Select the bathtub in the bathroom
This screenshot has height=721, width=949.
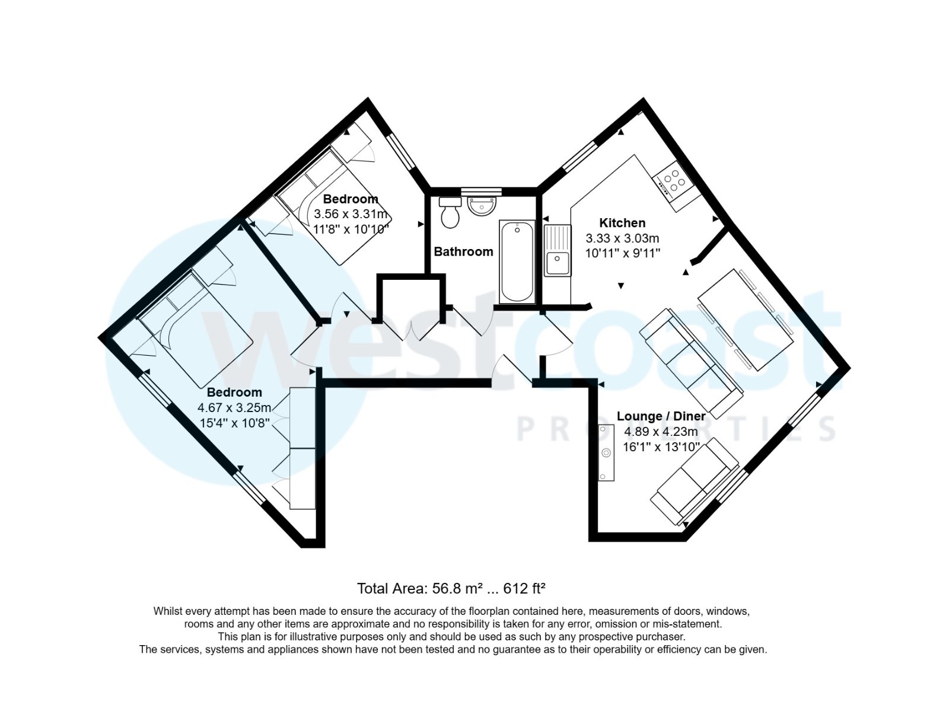pos(517,261)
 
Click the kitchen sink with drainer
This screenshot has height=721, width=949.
pos(558,251)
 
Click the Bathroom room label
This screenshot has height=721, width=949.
pos(463,251)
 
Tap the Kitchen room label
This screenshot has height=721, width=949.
pos(622,223)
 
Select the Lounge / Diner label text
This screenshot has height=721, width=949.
pos(661,416)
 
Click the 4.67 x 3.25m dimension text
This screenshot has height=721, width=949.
pos(234,408)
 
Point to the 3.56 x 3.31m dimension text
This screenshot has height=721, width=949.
pos(351,214)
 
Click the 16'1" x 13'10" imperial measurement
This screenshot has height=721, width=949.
pos(661,447)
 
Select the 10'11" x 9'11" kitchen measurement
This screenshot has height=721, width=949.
pos(622,253)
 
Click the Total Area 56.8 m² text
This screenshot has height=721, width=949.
pos(451,589)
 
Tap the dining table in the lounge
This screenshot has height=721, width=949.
pos(745,319)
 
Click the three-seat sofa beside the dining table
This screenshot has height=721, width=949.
pos(692,362)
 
